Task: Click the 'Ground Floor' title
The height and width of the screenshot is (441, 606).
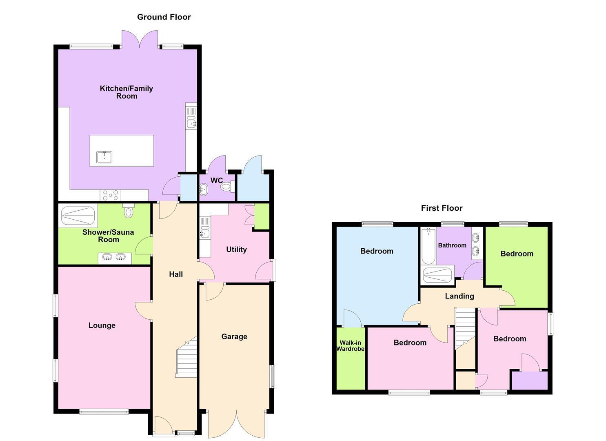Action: click(x=164, y=17)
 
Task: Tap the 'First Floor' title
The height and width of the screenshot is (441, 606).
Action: click(x=442, y=208)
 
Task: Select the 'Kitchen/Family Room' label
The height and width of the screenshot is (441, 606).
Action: click(x=127, y=92)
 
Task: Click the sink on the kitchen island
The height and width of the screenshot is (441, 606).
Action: click(x=104, y=157)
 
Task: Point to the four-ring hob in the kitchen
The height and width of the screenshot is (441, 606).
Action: click(x=110, y=195)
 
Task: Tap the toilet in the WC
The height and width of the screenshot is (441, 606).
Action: click(x=227, y=187)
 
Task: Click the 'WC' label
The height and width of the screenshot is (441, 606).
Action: click(x=217, y=180)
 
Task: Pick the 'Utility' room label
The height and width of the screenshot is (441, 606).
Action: click(x=236, y=249)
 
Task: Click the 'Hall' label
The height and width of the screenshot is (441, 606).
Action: click(x=176, y=274)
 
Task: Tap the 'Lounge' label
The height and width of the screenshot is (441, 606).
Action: click(x=102, y=325)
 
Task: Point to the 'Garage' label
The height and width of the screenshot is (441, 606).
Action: click(x=234, y=336)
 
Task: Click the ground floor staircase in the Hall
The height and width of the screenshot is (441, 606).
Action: click(x=186, y=357)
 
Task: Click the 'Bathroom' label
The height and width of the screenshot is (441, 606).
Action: click(x=452, y=245)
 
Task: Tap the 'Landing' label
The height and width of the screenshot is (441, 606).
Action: click(x=459, y=296)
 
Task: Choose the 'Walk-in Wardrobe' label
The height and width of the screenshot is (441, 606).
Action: click(x=351, y=346)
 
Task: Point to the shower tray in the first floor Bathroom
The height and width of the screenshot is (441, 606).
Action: click(x=437, y=275)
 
